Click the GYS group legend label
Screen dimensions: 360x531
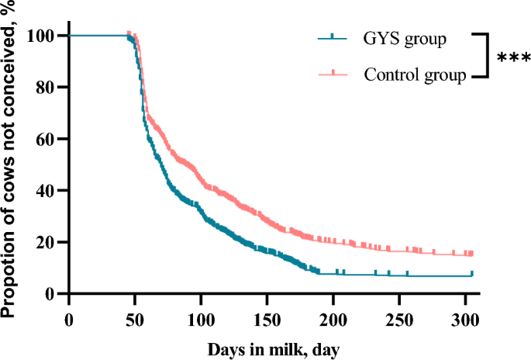pos(405,40)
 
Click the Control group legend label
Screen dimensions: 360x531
pos(415,75)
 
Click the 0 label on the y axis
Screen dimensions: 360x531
pos(51,294)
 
